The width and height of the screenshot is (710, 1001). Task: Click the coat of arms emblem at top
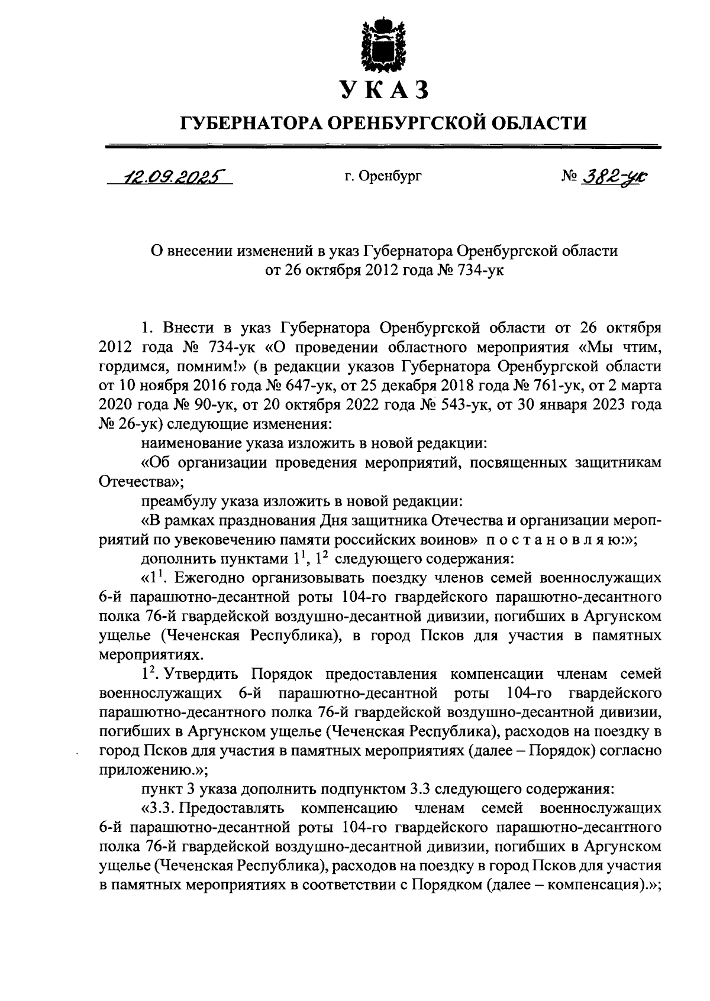(385, 44)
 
